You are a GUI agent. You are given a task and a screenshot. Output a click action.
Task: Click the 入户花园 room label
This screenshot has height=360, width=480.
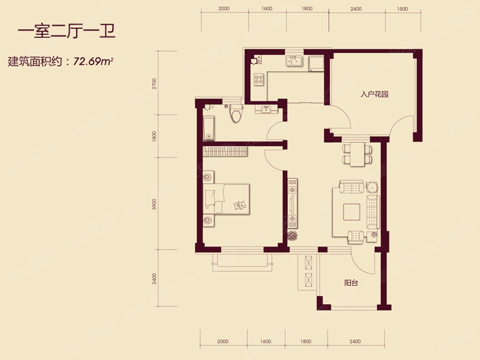tap(374, 94)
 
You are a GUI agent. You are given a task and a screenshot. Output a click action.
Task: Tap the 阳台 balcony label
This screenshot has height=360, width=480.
tap(351, 283)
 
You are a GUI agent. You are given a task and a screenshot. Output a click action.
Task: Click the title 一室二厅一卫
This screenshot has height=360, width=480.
tap(67, 32)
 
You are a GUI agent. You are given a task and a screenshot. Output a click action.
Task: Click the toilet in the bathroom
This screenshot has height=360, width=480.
tap(236, 113)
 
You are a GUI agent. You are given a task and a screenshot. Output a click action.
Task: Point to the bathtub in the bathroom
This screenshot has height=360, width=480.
tap(209, 128)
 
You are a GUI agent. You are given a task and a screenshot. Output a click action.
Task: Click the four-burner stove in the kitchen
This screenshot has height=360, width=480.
tap(259, 79)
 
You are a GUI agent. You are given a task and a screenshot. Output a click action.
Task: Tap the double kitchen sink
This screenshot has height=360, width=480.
tap(294, 61)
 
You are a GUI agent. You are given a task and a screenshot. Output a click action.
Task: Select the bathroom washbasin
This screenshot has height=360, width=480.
tap(266, 109)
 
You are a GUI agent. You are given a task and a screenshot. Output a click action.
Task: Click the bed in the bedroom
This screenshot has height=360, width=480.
tap(226, 199)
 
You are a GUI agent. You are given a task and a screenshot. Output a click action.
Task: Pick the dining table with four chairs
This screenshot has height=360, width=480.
tap(357, 154)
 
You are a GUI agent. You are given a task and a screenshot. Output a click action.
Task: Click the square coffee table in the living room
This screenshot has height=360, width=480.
tap(352, 212)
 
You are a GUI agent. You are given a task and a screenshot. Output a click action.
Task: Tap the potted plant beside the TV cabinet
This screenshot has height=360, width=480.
tap(293, 236)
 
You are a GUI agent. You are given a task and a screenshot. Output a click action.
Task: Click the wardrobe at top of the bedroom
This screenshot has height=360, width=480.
tap(226, 152)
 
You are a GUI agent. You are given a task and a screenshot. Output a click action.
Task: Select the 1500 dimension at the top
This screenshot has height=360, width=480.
tap(402, 9)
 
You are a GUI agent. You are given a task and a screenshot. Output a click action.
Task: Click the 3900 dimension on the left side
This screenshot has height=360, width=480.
tap(154, 204)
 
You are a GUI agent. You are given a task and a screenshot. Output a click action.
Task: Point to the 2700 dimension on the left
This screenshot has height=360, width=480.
tap(154, 83)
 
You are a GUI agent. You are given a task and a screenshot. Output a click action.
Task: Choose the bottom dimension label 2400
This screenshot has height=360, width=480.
tap(355, 341)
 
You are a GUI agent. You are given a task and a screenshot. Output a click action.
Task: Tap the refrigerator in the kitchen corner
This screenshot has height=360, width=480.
tap(316, 64)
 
